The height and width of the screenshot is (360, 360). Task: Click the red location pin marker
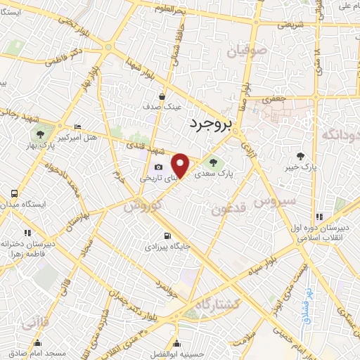point(181,165)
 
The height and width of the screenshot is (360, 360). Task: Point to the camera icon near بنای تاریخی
point(158,167)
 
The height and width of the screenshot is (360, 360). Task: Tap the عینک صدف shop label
point(162,108)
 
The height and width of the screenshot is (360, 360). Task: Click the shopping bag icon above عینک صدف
point(162,97)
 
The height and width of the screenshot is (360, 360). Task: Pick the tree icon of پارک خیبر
point(302,157)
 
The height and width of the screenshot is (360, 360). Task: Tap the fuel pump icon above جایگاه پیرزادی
point(166,236)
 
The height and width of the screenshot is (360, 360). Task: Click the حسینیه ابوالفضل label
point(176,354)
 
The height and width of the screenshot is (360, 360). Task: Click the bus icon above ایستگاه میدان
point(15,193)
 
